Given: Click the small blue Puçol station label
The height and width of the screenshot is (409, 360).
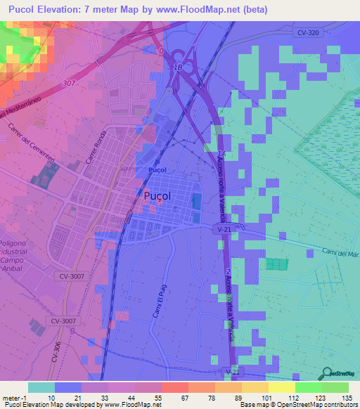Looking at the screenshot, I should coord(157,170).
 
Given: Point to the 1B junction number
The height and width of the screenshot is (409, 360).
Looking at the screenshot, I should coord(178,67).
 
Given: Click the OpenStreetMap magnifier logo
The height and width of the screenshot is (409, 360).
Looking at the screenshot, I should coord(327,373).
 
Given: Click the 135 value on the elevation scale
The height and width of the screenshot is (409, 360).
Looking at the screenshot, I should coord(346,398).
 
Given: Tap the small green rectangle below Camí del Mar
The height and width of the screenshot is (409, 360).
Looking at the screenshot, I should coord(277,264).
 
